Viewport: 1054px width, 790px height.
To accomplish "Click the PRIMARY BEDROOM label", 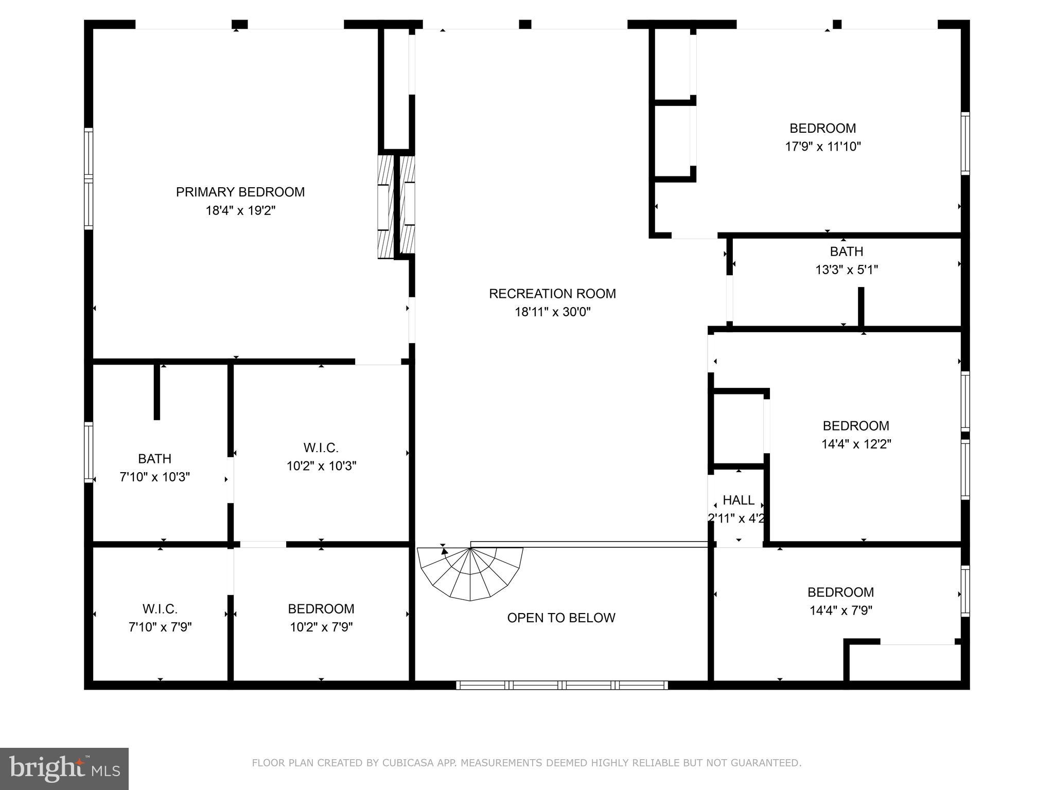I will coord(240,192).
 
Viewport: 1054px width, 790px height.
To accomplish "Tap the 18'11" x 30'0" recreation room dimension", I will coord(552,312).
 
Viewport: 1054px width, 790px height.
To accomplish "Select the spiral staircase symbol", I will coord(469,572).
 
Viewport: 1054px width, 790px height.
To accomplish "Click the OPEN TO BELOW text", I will coord(561,618).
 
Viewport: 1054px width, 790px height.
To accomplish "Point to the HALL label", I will coord(739,500).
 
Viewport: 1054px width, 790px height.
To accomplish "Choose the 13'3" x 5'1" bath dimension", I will coord(846,270).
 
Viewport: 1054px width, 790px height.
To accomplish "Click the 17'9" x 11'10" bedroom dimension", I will coord(822,147).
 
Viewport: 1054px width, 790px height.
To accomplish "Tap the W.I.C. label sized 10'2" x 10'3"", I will coord(321,447).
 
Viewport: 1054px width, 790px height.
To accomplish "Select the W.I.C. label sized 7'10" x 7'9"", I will coord(160,609).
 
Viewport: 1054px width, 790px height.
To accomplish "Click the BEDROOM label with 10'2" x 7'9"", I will coord(321,609).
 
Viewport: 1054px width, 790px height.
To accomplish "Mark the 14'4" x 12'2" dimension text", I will coord(856,444).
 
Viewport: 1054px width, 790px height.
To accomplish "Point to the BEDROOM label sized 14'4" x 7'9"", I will coord(840,592).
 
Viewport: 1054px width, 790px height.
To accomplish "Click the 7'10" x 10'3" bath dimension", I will coord(155,477).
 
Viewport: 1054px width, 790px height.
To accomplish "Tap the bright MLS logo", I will coord(64,768).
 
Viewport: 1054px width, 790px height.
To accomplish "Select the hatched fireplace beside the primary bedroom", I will coord(396,206).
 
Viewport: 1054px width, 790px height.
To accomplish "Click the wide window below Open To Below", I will coord(561,685).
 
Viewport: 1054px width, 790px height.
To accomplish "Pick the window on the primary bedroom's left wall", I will coord(89,178).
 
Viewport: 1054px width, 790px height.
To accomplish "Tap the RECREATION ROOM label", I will coord(552,294).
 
